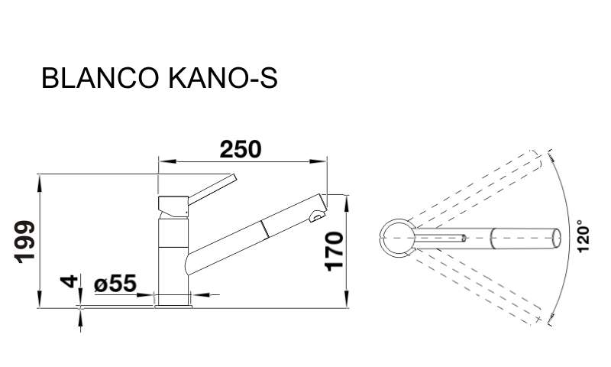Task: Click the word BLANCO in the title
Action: coord(100,78)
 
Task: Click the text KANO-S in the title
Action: coord(223,78)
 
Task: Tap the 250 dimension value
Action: coord(241,150)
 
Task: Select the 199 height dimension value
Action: coord(25,242)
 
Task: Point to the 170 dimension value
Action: coord(335,252)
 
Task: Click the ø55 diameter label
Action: coord(115,284)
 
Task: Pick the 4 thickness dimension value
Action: coord(70,281)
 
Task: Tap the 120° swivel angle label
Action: coord(584,236)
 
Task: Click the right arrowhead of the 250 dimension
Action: coord(318,161)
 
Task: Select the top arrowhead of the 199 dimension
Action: coord(40,183)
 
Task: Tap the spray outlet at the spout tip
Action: coord(317,216)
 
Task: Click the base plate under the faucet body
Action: coord(173,307)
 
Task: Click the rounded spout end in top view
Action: coord(558,237)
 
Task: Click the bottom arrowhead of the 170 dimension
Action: coord(347,299)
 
